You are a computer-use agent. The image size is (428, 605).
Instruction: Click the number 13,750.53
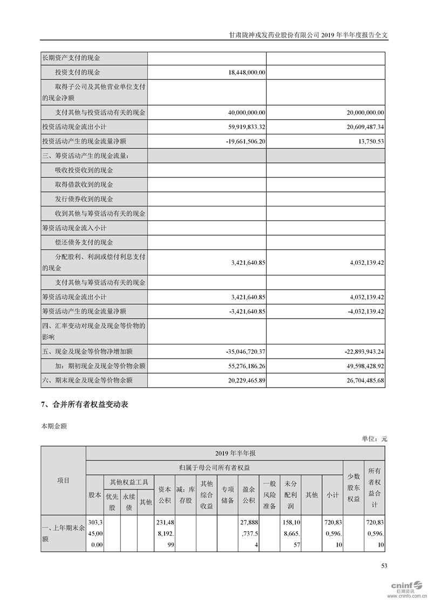pyautogui.click(x=368, y=141)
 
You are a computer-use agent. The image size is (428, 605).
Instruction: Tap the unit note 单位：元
pyautogui.click(x=375, y=439)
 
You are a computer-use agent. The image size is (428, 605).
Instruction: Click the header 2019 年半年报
pyautogui.click(x=235, y=453)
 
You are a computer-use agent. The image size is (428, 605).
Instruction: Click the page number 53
pyautogui.click(x=384, y=566)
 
